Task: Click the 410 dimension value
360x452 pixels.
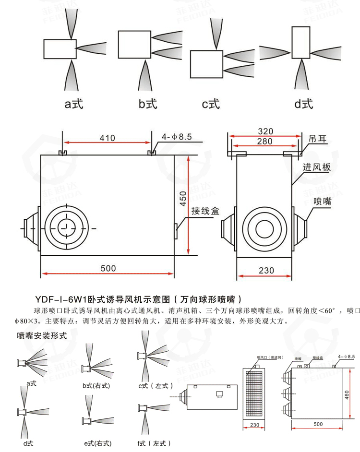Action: point(108,138)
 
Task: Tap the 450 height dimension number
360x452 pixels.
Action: point(182,199)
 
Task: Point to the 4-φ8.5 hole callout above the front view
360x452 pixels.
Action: point(177,137)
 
